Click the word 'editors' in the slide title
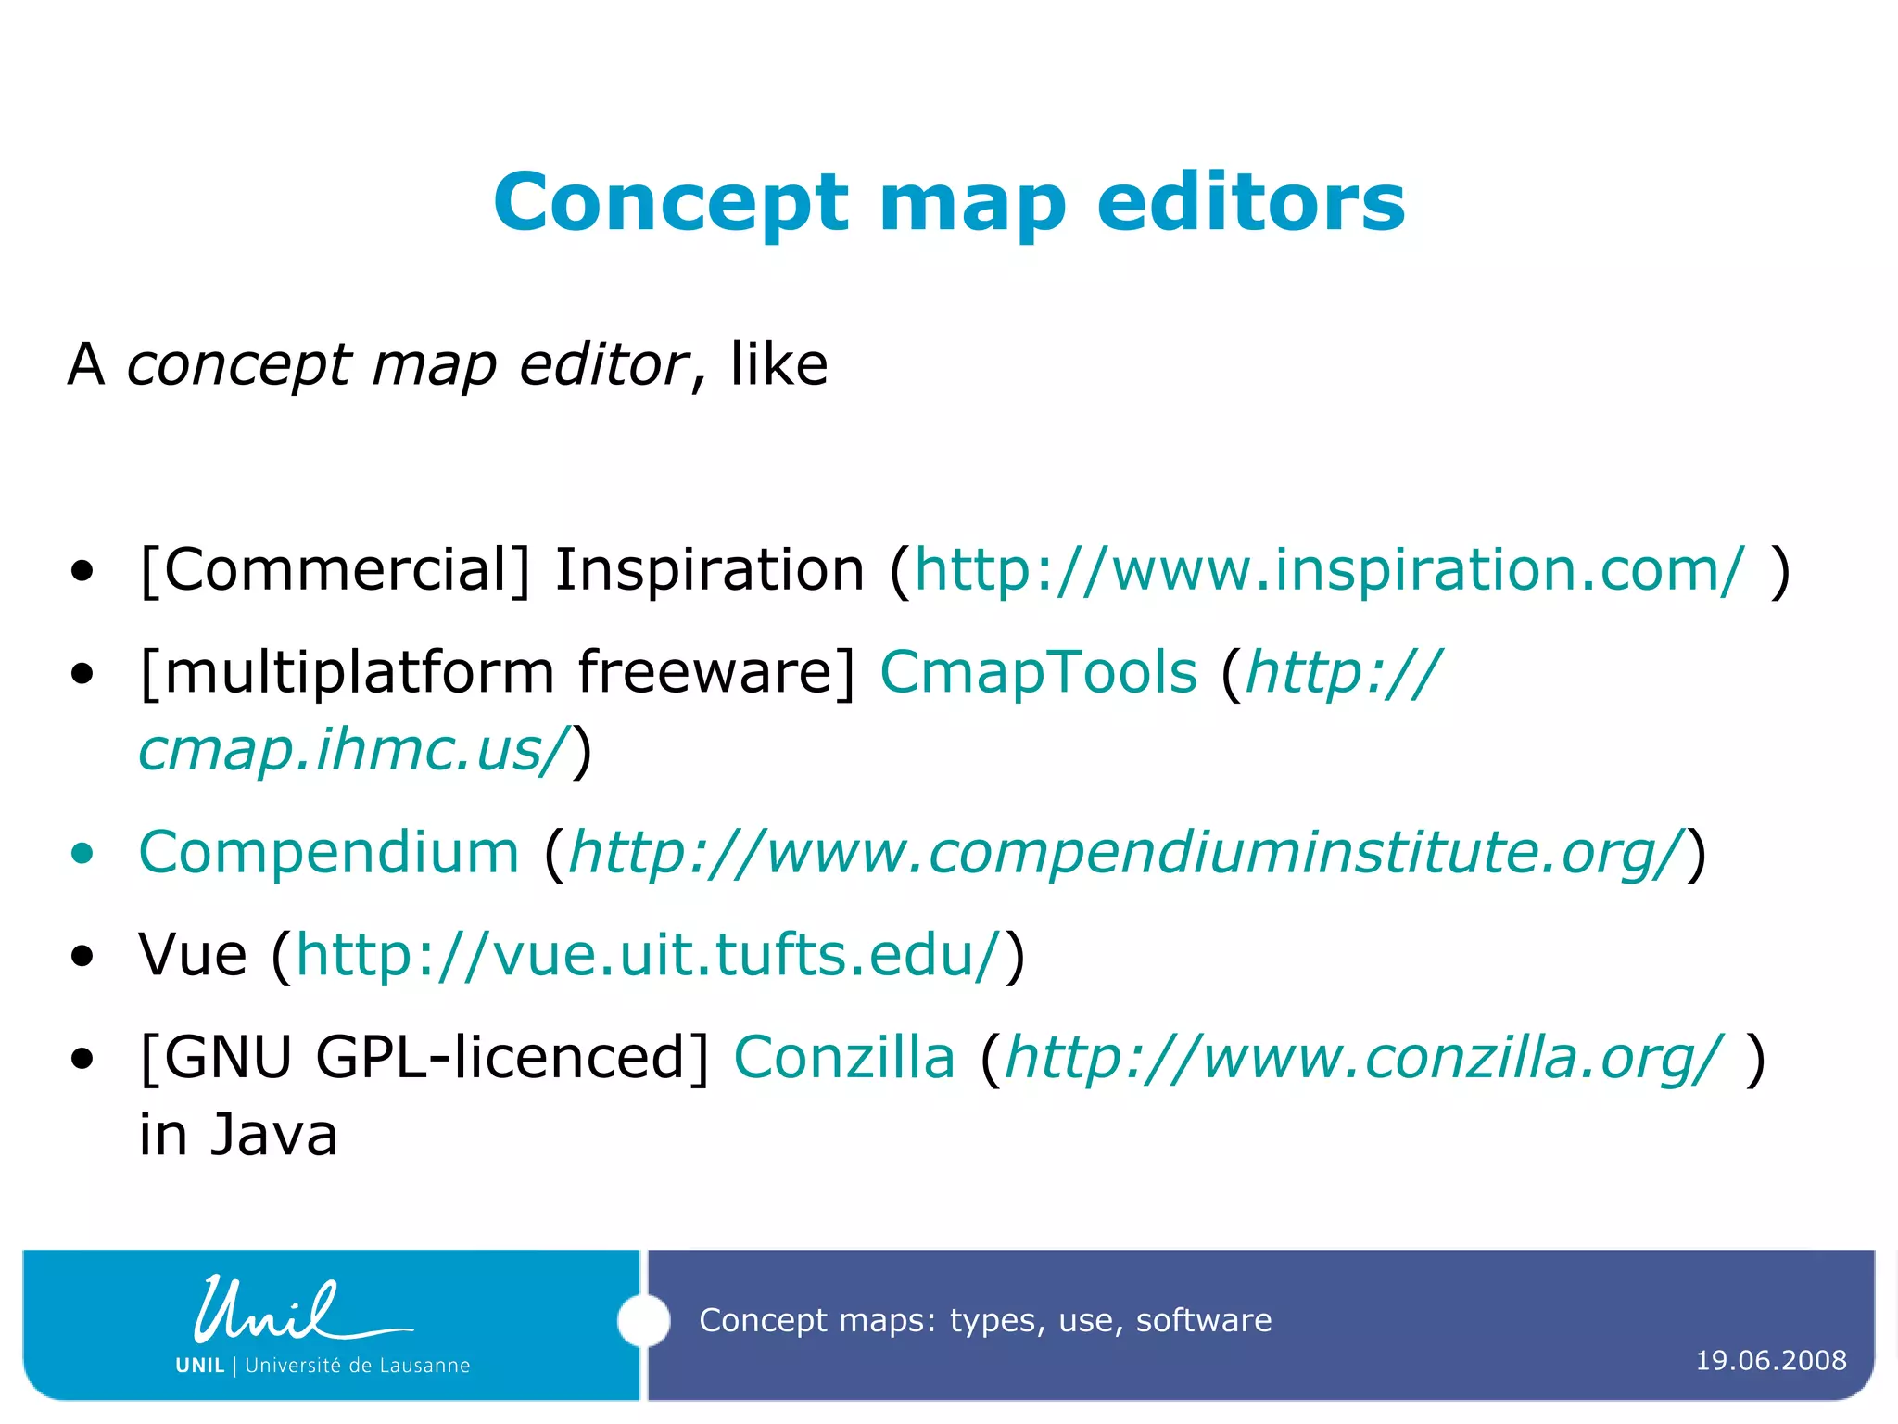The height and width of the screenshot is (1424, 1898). coord(1251,203)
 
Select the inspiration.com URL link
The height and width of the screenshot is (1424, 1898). coord(1329,569)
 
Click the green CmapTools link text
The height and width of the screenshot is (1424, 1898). coord(1038,672)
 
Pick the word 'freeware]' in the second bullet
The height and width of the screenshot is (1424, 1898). coord(716,672)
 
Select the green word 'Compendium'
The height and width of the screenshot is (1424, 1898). coord(328,852)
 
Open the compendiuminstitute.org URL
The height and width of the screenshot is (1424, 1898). coord(1125,852)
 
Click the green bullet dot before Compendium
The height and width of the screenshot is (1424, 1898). coord(82,853)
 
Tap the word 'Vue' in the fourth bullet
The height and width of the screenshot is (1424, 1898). coord(193,955)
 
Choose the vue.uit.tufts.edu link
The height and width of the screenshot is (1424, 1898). coord(649,955)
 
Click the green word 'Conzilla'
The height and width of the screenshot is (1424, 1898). coord(843,1058)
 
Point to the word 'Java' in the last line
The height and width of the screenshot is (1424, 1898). coord(273,1136)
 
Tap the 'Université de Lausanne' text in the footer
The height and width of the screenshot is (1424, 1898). coord(357,1366)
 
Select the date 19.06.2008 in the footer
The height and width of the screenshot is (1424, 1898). coord(1770,1361)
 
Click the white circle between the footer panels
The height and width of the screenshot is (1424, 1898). coord(643,1320)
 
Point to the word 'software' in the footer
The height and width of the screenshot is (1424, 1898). coord(1203,1320)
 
